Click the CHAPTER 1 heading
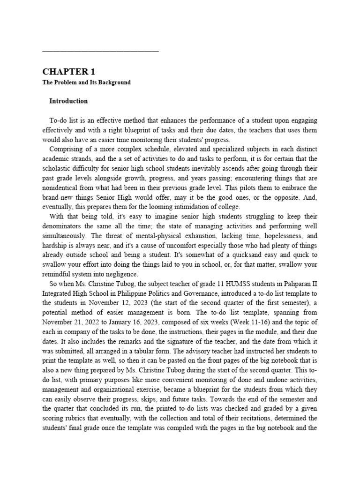point(68,72)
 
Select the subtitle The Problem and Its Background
point(86,82)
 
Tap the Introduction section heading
point(68,101)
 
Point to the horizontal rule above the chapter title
point(100,51)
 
